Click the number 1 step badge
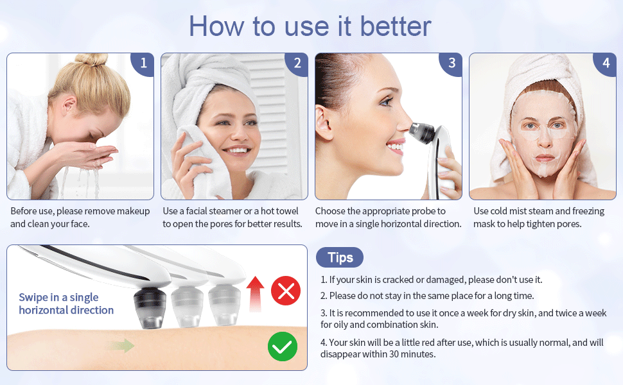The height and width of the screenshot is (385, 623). point(143,64)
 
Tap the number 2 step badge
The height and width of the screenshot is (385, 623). point(297,64)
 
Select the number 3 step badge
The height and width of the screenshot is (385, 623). point(452,64)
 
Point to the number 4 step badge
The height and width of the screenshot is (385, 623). point(605,64)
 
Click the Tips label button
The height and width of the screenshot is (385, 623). point(340,257)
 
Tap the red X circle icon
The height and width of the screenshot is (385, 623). point(286,291)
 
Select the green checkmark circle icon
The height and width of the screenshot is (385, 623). point(283,346)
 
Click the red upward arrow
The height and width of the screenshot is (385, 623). point(255,294)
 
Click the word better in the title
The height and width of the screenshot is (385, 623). point(396,26)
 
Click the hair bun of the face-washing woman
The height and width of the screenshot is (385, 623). point(92,59)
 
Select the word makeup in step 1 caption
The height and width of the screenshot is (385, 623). point(132,211)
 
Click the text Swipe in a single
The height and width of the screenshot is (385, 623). point(59,297)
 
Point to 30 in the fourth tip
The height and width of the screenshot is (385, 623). point(394,354)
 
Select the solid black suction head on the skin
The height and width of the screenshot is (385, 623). point(150,309)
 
